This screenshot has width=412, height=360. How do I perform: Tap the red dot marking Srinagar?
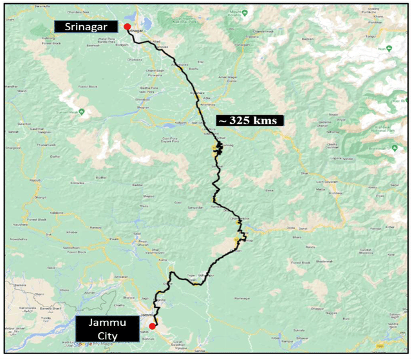(x=127, y=26)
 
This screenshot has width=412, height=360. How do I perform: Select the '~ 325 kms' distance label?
(x=248, y=120)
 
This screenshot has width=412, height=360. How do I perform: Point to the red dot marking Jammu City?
(x=152, y=327)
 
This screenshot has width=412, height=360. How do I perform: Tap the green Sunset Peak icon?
(x=82, y=113)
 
